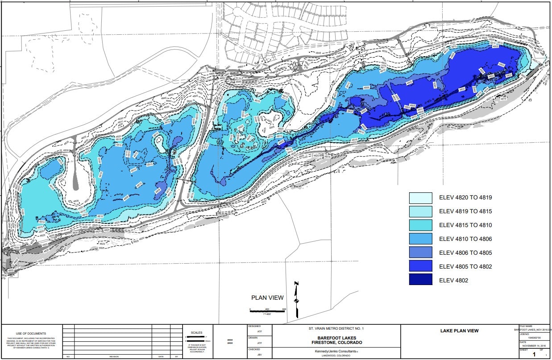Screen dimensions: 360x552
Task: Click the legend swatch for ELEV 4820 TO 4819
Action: (421, 198)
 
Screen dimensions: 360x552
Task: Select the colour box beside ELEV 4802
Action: (421, 280)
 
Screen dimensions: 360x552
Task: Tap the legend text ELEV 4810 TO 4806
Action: (465, 239)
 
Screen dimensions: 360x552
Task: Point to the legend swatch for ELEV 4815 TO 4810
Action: (421, 225)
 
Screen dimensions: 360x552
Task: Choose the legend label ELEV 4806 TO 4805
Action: (465, 253)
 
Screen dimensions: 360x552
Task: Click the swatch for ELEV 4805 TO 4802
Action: (421, 266)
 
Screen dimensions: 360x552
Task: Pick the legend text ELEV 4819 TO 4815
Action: (465, 211)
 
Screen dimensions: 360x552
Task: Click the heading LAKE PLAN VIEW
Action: (459, 331)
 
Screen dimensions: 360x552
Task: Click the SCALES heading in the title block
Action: (196, 332)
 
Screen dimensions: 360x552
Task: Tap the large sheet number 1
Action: (533, 355)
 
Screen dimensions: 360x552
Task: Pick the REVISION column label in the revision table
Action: (114, 357)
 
